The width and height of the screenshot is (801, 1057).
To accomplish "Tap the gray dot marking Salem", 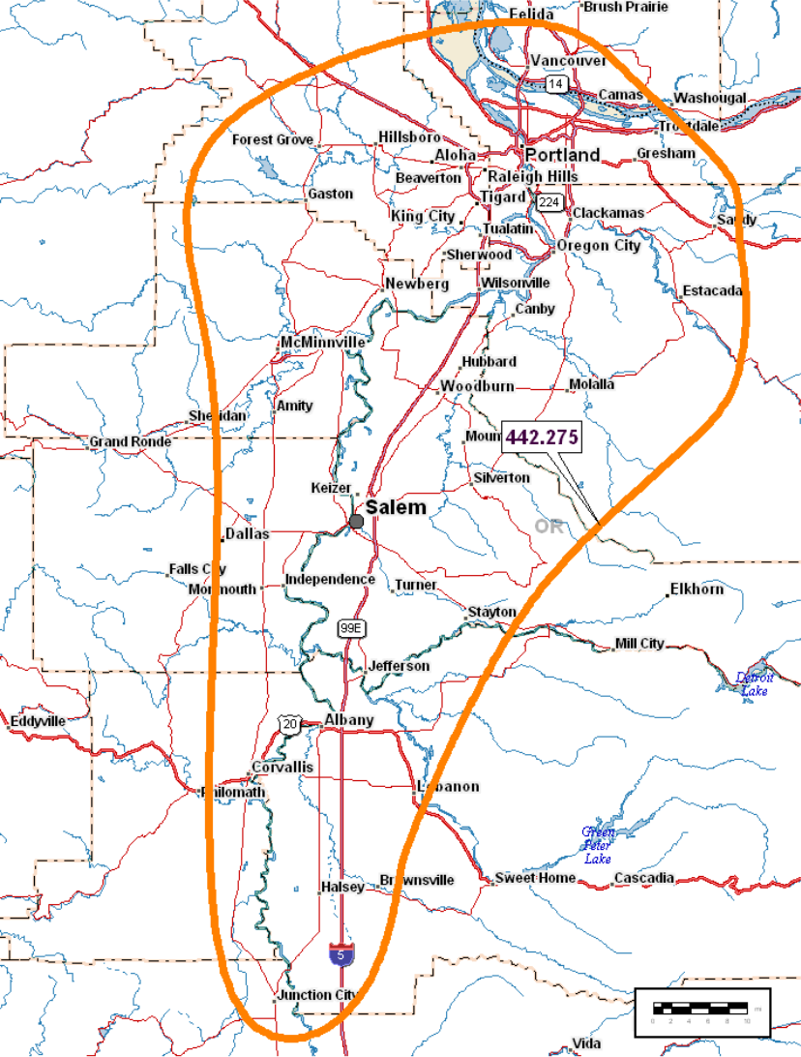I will [356, 522].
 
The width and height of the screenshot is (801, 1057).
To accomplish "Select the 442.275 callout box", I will [542, 438].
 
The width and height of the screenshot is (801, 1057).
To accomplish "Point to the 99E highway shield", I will [352, 629].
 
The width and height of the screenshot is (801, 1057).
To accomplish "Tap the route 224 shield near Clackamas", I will [549, 201].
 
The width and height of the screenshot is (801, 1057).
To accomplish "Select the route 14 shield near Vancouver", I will [555, 84].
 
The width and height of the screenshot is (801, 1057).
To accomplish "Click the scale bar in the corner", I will [702, 1011].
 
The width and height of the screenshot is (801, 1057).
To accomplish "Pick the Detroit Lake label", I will [754, 684].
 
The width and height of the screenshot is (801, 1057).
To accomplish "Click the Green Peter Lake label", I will [597, 845].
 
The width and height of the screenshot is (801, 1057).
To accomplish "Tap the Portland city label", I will [562, 155].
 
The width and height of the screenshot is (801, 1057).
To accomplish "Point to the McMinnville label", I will [323, 343].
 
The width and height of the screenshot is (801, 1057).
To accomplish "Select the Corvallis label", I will [282, 767].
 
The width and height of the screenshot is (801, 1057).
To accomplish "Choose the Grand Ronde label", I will [130, 441].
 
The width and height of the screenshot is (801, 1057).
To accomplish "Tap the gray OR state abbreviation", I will [549, 527].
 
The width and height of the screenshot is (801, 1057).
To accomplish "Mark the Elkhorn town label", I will [697, 589].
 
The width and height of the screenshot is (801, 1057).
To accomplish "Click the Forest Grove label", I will [273, 140].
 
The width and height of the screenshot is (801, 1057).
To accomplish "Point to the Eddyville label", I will [38, 721].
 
